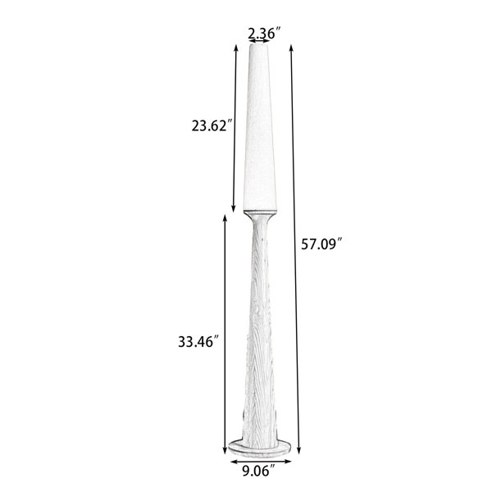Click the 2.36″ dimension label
tap(264, 33)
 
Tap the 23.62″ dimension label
tap(213, 125)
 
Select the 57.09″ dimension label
tap(321, 244)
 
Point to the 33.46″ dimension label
tap(198, 342)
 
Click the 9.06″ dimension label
tap(259, 471)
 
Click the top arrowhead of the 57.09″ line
tap(291, 47)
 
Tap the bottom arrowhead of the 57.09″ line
tap(298, 450)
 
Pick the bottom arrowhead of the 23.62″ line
tap(233, 208)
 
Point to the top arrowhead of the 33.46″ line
tap(225, 218)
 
